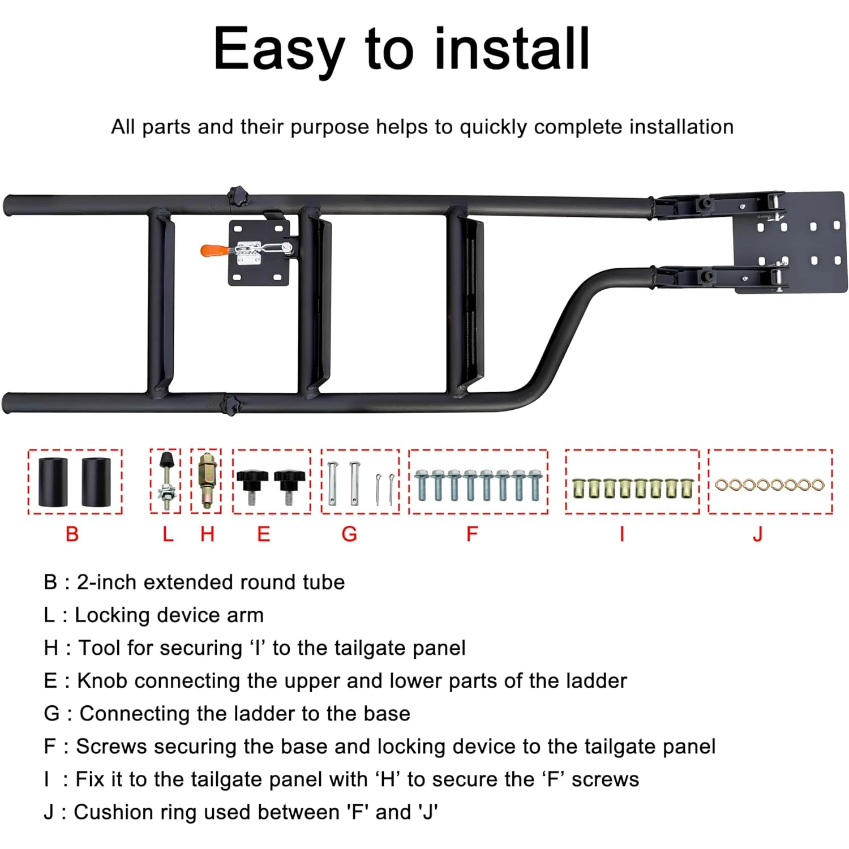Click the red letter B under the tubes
pos(72,534)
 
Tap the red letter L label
pos(168,534)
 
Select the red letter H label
pos(207,534)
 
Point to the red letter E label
pos(263,534)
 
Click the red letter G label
pos(349,534)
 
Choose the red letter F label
pos(472,534)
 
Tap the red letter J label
pos(758,534)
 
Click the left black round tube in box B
pos(53,482)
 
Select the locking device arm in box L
pos(166,481)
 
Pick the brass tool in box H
pos(207,481)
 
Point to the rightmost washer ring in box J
pos(817,485)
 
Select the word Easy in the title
pos(278,51)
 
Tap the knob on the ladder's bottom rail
pos(230,404)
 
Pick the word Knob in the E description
pos(102,680)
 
